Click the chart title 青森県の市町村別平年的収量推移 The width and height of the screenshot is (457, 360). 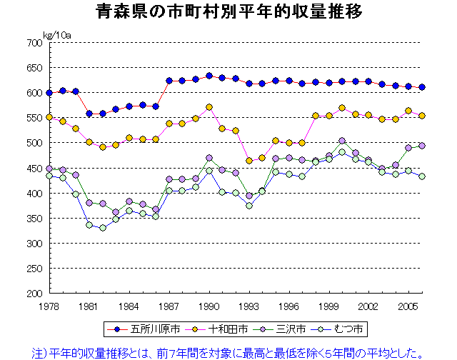click(x=228, y=12)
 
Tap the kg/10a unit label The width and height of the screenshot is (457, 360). click(x=56, y=34)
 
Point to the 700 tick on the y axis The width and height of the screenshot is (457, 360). click(x=34, y=43)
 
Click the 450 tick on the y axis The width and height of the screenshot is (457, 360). click(x=34, y=169)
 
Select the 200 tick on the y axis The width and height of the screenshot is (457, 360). click(x=34, y=294)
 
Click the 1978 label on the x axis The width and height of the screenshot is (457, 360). click(x=49, y=305)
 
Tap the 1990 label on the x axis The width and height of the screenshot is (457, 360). click(x=209, y=305)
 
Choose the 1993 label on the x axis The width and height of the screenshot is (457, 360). click(x=249, y=305)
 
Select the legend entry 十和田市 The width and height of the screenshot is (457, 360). click(x=228, y=329)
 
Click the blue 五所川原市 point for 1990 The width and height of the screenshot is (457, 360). click(x=209, y=76)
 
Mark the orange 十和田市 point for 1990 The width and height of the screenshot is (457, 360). click(x=209, y=108)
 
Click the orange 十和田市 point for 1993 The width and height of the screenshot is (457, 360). click(x=249, y=161)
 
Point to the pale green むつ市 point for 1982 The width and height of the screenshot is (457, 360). click(x=103, y=228)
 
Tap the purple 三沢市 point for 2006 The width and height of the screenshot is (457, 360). click(x=422, y=146)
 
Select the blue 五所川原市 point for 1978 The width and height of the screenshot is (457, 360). click(x=49, y=93)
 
